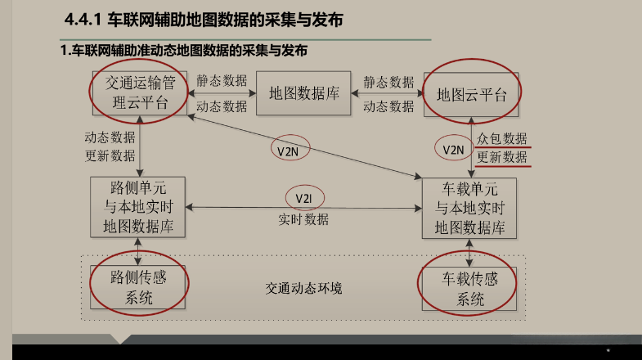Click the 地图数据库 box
coord(303,92)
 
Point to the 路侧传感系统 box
coord(139,286)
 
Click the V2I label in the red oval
coord(304,198)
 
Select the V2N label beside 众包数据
coord(453,149)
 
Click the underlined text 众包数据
coord(502,139)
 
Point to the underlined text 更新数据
coord(502,157)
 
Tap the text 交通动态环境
coord(303,289)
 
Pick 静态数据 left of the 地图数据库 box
coord(222,82)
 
